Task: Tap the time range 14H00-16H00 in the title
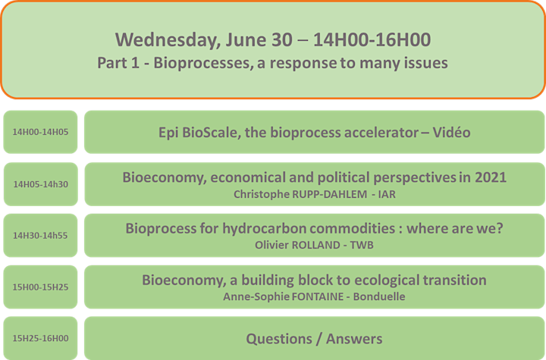(372, 39)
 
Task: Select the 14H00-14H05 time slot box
(40, 132)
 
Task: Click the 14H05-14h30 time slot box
(41, 184)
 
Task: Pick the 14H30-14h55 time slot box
(40, 236)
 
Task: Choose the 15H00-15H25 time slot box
(40, 287)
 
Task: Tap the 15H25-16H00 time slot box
(40, 338)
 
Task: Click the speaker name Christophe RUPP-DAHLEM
(300, 194)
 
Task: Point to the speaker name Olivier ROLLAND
(297, 245)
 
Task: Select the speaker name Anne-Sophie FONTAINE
(284, 296)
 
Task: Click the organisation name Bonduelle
(379, 296)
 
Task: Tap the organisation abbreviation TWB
(362, 245)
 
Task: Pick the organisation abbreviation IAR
(387, 194)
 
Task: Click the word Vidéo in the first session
(452, 133)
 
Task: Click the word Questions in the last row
(279, 339)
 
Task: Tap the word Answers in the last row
(354, 339)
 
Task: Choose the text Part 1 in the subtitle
(118, 63)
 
